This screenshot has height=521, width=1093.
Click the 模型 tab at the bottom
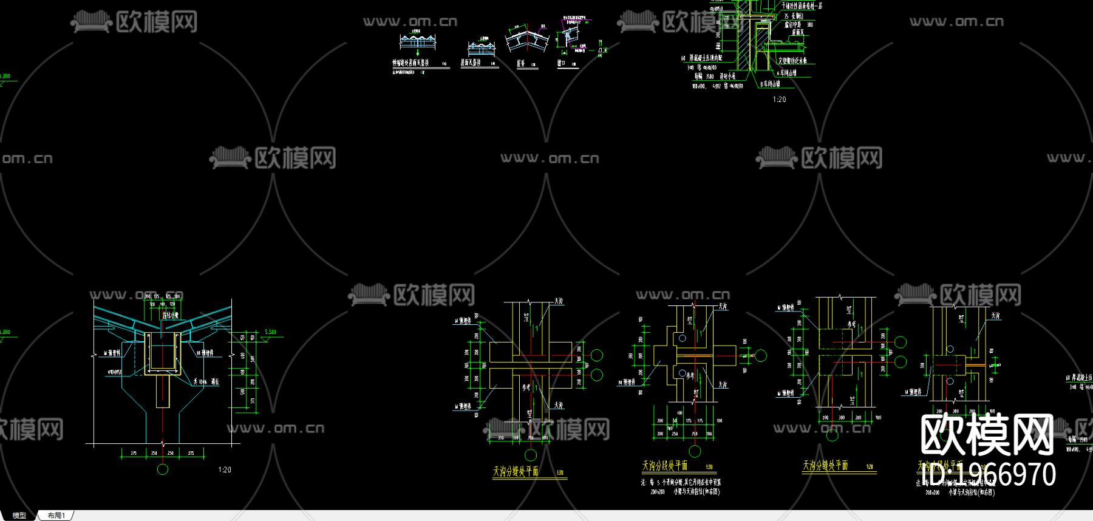[x=19, y=516]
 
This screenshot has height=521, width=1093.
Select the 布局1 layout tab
[x=56, y=516]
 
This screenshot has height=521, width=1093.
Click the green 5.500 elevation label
[x=270, y=332]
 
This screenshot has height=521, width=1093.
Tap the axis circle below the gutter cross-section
[x=162, y=469]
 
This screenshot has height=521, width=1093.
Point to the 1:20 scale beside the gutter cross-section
[x=225, y=469]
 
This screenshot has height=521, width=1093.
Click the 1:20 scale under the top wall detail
[x=779, y=99]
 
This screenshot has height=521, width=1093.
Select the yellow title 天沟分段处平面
[x=665, y=466]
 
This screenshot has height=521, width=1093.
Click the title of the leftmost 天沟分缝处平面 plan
[x=516, y=471]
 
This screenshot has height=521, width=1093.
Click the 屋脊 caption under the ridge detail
[x=521, y=63]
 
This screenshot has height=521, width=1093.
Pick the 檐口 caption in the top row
[x=562, y=63]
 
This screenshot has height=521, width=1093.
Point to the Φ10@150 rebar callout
[x=115, y=372]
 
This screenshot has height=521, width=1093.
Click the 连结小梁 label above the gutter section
[x=170, y=315]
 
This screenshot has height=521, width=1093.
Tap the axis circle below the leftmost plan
[x=531, y=455]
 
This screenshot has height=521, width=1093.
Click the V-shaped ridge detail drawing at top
[x=526, y=40]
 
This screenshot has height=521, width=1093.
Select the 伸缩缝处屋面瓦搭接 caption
[x=410, y=63]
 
